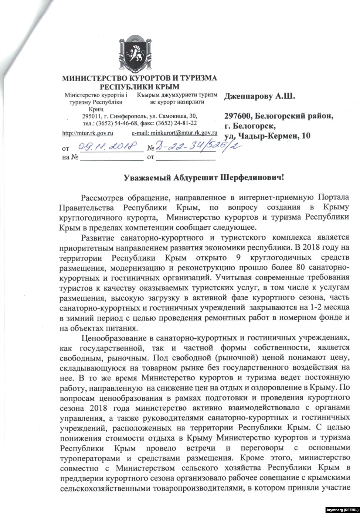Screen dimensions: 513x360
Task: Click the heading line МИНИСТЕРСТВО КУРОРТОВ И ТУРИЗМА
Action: [x=139, y=78]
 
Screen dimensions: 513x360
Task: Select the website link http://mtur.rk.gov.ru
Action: [x=88, y=133]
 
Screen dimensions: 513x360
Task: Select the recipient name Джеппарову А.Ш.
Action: [x=259, y=97]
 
